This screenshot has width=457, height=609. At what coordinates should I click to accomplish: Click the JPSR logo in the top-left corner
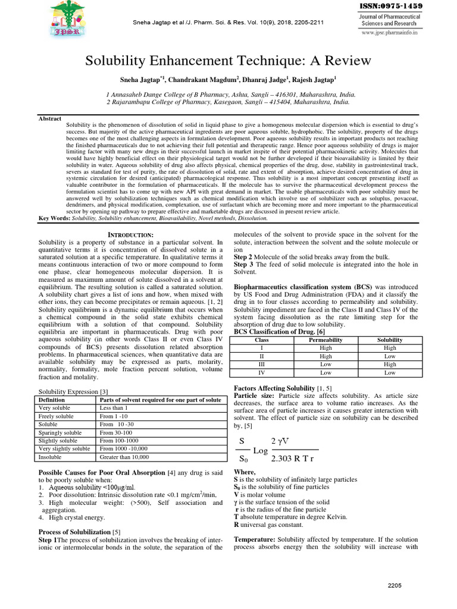[x=67, y=18]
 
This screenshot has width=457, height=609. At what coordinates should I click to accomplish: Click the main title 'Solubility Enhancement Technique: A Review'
[x=228, y=61]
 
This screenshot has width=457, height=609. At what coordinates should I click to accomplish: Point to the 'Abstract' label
[x=50, y=119]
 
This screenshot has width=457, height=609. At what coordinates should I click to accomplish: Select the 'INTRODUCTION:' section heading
[x=130, y=236]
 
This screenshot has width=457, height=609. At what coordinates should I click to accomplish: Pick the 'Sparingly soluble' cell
[x=60, y=432]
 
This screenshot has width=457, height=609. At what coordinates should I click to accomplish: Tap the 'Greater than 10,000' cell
[x=124, y=457]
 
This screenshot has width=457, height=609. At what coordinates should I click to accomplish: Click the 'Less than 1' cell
[x=114, y=408]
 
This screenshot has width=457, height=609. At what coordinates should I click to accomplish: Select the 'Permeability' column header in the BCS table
[x=325, y=340]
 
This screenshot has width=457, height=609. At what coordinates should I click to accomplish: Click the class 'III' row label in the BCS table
[x=261, y=364]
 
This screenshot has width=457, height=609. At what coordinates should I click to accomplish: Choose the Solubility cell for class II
[x=390, y=356]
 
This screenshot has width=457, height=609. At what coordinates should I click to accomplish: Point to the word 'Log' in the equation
[x=261, y=451]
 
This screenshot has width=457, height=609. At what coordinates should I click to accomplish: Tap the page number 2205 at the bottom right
[x=394, y=586]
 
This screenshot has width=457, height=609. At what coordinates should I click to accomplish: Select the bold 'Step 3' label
[x=243, y=263]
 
